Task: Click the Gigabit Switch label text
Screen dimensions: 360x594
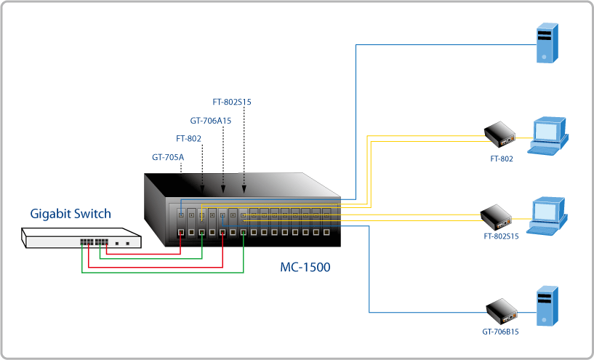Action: (x=71, y=214)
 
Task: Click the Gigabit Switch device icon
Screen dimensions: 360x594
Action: (x=81, y=239)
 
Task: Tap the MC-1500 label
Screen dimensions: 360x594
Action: (x=305, y=268)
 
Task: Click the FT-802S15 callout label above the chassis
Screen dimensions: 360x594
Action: (x=231, y=103)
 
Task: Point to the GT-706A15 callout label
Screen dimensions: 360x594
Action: (x=210, y=121)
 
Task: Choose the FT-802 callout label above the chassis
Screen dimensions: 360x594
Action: (x=188, y=138)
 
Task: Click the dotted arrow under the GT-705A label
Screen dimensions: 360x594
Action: (x=180, y=169)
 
